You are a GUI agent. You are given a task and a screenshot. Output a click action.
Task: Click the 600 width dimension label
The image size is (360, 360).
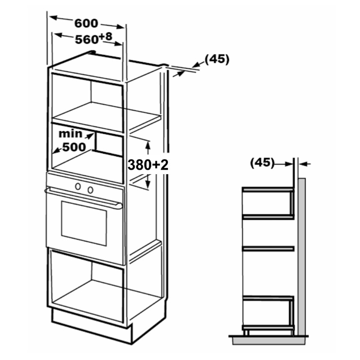click(86, 23)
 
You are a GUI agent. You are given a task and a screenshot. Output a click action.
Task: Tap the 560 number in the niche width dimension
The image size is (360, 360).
click(86, 40)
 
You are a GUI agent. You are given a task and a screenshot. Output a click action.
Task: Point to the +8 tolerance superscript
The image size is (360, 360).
click(106, 36)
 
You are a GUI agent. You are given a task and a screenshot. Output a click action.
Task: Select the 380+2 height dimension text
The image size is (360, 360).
click(148, 164)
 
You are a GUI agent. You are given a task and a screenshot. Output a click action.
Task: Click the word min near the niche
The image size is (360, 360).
click(70, 134)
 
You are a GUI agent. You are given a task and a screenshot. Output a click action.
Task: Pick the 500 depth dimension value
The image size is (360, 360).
click(74, 147)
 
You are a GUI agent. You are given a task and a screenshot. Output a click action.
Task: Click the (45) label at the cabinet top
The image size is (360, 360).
click(217, 59)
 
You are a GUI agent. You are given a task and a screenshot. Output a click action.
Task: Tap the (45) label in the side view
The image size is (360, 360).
click(262, 163)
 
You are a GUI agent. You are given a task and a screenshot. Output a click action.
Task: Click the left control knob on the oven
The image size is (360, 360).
click(78, 186)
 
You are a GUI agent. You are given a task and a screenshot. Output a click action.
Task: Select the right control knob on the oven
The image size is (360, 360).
click(90, 190)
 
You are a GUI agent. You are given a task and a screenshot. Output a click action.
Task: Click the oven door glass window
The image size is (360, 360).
click(84, 223)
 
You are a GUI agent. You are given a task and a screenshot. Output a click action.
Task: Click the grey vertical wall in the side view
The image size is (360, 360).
click(302, 257)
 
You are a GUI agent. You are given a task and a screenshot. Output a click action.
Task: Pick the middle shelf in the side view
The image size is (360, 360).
click(269, 249)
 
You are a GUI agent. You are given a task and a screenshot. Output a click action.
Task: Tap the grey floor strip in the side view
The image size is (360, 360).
click(269, 341)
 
